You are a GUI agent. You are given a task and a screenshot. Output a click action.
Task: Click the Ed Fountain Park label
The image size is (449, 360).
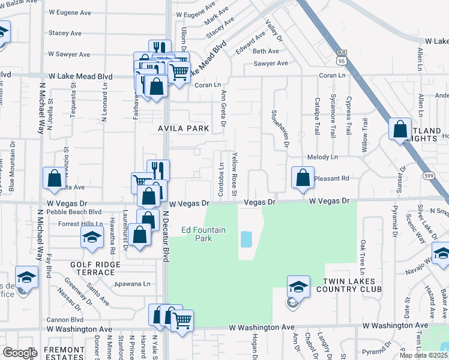[197, 234]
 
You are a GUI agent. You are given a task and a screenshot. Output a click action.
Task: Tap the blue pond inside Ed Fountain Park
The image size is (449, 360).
[246, 239]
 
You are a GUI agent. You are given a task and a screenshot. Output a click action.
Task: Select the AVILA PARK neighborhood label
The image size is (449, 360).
[183, 128]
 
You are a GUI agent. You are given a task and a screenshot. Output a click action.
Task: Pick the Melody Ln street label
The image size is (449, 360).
[322, 157]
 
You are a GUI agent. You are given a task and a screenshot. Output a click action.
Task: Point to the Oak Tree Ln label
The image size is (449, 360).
[363, 256]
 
